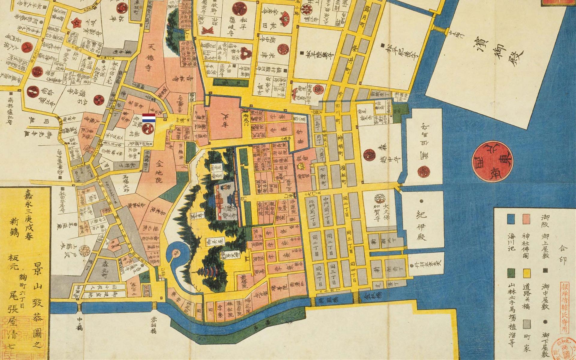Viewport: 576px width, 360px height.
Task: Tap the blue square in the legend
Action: point(511,219)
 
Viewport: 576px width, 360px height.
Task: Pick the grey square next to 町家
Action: point(526,324)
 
